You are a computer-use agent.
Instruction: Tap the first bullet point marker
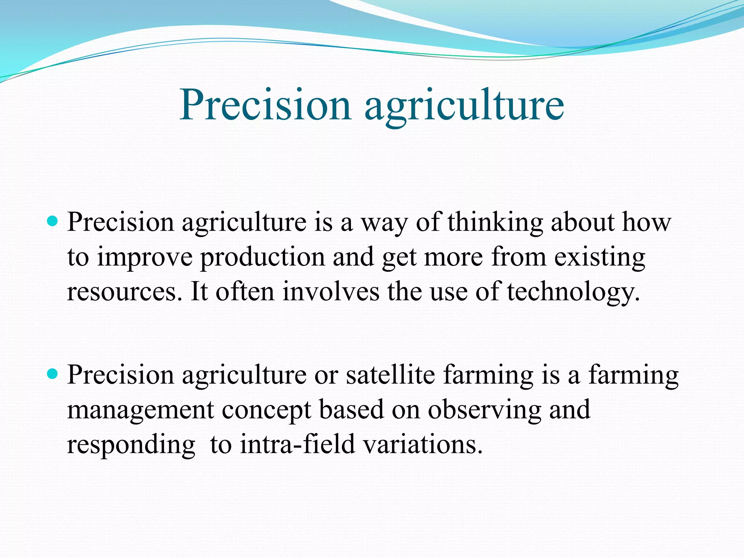53,221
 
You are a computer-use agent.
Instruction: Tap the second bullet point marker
53,374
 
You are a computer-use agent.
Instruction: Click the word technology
573,293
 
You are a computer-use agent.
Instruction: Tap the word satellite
391,375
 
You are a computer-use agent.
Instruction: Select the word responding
131,445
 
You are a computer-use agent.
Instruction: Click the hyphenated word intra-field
297,445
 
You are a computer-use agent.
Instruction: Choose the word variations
423,445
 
